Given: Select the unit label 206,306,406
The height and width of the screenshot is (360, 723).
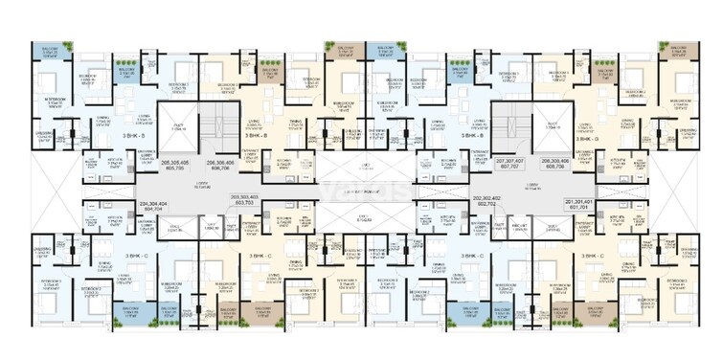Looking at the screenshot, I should (213, 164).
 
